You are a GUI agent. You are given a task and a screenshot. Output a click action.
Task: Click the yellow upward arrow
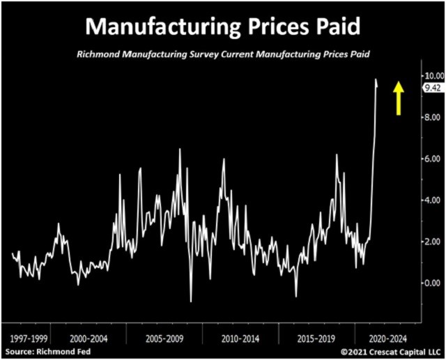pos(399,97)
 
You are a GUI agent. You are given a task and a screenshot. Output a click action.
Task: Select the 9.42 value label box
pos(433,87)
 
